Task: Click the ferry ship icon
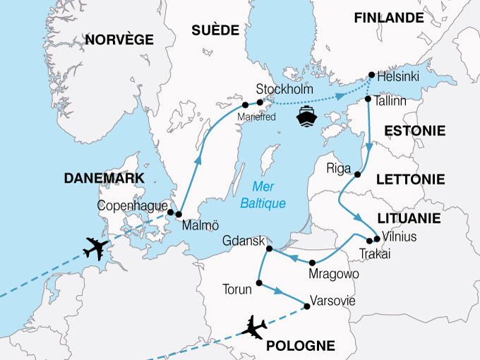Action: click(x=308, y=116)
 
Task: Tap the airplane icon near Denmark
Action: click(x=97, y=249)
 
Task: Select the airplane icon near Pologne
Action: click(x=255, y=328)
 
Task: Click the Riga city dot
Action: click(x=358, y=174)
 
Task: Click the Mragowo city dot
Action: click(x=312, y=263)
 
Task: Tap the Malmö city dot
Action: click(x=179, y=215)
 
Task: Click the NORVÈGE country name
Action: click(x=119, y=40)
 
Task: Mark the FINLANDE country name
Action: click(x=389, y=17)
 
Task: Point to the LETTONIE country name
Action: click(x=414, y=180)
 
